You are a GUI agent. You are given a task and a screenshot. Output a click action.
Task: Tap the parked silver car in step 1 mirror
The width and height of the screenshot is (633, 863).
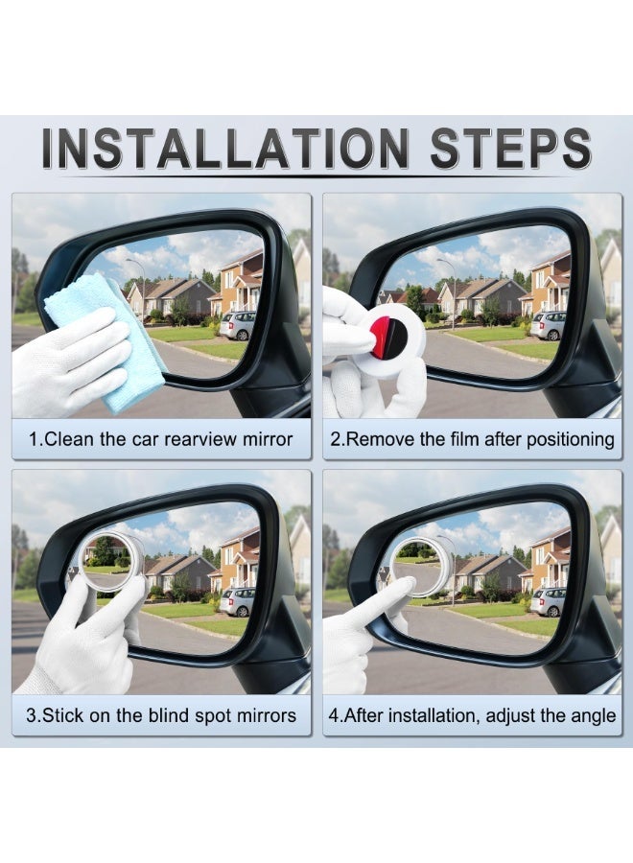click(237, 325)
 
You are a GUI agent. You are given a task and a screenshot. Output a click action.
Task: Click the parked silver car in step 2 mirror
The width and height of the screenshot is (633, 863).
click(548, 325)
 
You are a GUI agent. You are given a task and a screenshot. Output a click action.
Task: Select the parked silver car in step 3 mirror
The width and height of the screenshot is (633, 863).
click(237, 601)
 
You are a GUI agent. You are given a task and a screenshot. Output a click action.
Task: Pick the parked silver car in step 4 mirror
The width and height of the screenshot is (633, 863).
click(548, 601)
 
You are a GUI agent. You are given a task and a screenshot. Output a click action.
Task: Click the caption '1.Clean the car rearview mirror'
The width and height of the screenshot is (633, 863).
click(160, 440)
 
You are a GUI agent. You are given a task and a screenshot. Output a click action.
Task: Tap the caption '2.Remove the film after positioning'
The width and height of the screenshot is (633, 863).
click(472, 440)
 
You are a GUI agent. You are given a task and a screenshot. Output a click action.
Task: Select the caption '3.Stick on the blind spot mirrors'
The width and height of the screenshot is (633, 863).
click(160, 715)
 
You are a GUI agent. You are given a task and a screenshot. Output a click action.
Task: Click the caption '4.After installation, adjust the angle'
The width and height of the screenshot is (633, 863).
click(472, 715)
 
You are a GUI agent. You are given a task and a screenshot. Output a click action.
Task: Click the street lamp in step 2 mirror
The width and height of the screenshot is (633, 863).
click(451, 283)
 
